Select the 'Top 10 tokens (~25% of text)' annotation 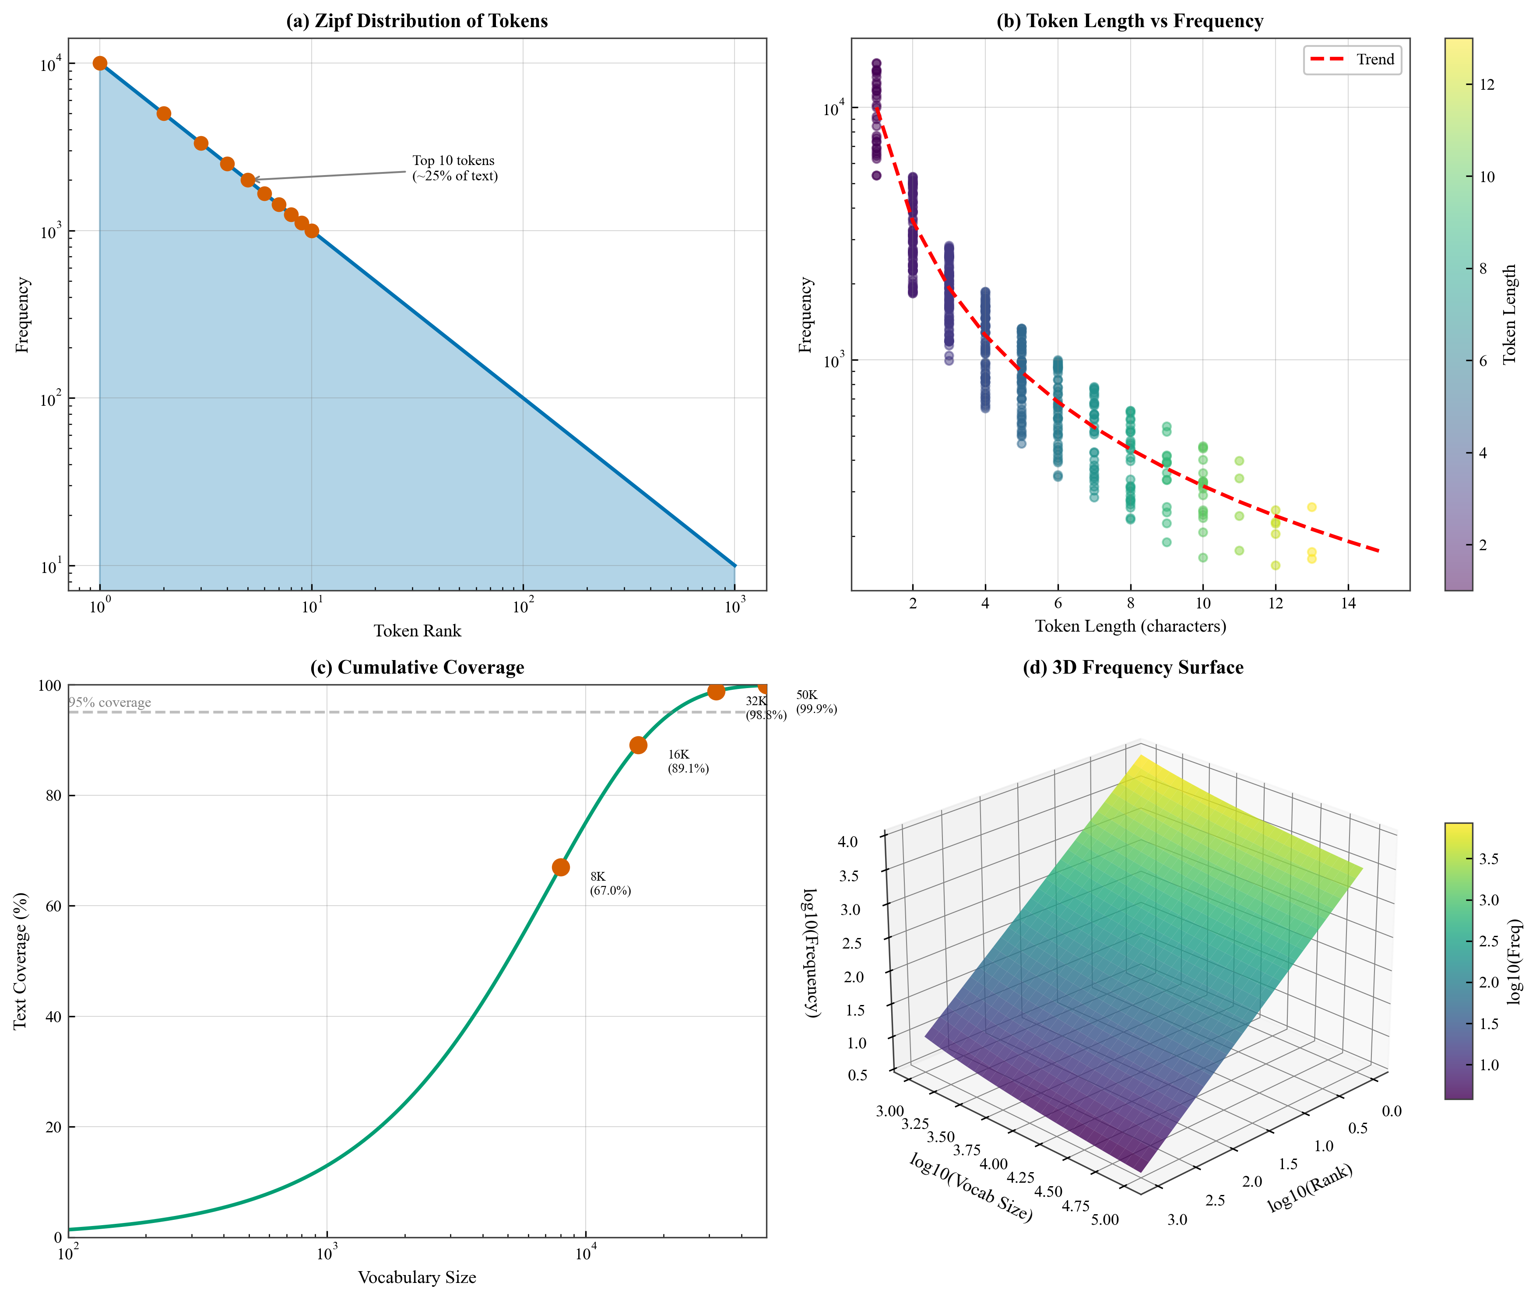pyautogui.click(x=455, y=168)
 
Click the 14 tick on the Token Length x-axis pyautogui.click(x=1348, y=603)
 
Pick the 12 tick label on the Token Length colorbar pyautogui.click(x=1487, y=85)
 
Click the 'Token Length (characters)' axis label pyautogui.click(x=1130, y=625)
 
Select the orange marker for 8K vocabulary pyautogui.click(x=561, y=868)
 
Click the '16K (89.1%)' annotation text pyautogui.click(x=688, y=761)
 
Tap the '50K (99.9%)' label pyautogui.click(x=816, y=702)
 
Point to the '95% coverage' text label pyautogui.click(x=110, y=703)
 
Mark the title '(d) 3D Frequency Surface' pyautogui.click(x=1133, y=668)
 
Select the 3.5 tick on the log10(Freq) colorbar pyautogui.click(x=1489, y=858)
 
